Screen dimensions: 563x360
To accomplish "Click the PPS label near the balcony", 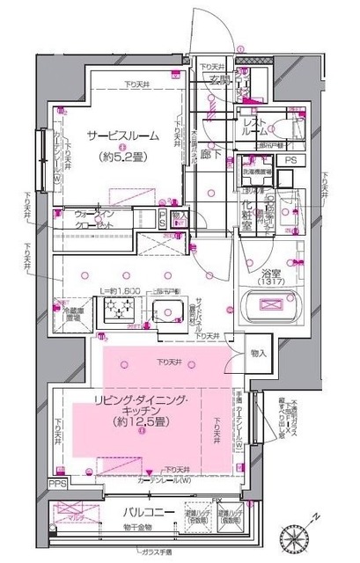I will [57, 484].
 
